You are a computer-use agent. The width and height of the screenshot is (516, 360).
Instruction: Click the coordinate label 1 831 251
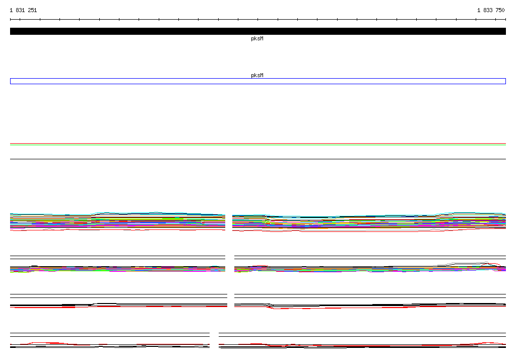click(23, 10)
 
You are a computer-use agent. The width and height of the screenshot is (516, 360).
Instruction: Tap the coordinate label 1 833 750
click(491, 10)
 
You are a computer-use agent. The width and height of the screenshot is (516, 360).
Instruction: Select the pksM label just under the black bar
click(257, 38)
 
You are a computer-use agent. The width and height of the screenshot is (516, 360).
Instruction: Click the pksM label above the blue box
click(257, 75)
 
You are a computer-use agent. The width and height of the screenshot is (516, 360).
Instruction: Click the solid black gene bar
click(258, 31)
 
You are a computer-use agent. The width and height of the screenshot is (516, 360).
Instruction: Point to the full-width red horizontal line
click(258, 144)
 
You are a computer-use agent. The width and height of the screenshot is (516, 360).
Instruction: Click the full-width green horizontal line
click(258, 145)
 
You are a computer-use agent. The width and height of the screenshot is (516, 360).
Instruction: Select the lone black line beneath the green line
click(258, 159)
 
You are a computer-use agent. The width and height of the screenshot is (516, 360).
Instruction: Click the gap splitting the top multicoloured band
click(229, 222)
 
